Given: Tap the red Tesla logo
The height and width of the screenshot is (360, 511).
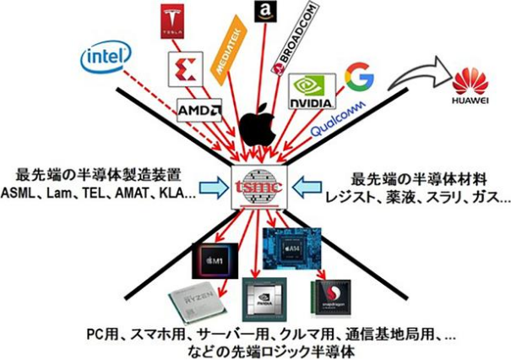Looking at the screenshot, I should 171,22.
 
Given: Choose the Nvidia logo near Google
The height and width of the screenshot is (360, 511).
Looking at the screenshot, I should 313,90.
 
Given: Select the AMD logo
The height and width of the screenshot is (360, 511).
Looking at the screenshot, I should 199,111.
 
